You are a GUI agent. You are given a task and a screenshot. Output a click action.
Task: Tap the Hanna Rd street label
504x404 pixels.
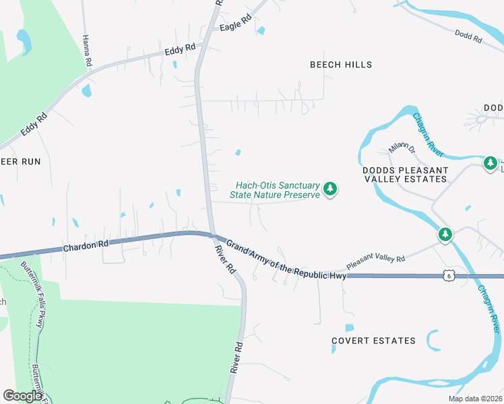point(87,50)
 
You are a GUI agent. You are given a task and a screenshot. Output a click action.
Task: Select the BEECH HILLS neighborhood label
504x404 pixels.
point(341,65)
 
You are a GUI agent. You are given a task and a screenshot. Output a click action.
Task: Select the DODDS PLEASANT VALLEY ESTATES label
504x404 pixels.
point(405,175)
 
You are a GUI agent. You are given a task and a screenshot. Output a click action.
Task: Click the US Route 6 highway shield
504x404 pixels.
point(448,275)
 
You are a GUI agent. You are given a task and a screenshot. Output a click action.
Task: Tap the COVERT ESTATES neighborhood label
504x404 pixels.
point(373,341)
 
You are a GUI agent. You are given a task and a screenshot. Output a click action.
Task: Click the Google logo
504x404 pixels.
point(22,396)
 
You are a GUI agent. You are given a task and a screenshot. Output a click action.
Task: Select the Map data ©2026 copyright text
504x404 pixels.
point(475,399)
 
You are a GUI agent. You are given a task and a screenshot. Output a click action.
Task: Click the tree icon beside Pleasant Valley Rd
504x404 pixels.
point(445,235)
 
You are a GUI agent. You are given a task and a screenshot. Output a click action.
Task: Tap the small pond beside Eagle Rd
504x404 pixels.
point(261,31)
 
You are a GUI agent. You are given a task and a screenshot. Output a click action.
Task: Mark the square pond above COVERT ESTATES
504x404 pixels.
point(349,328)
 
